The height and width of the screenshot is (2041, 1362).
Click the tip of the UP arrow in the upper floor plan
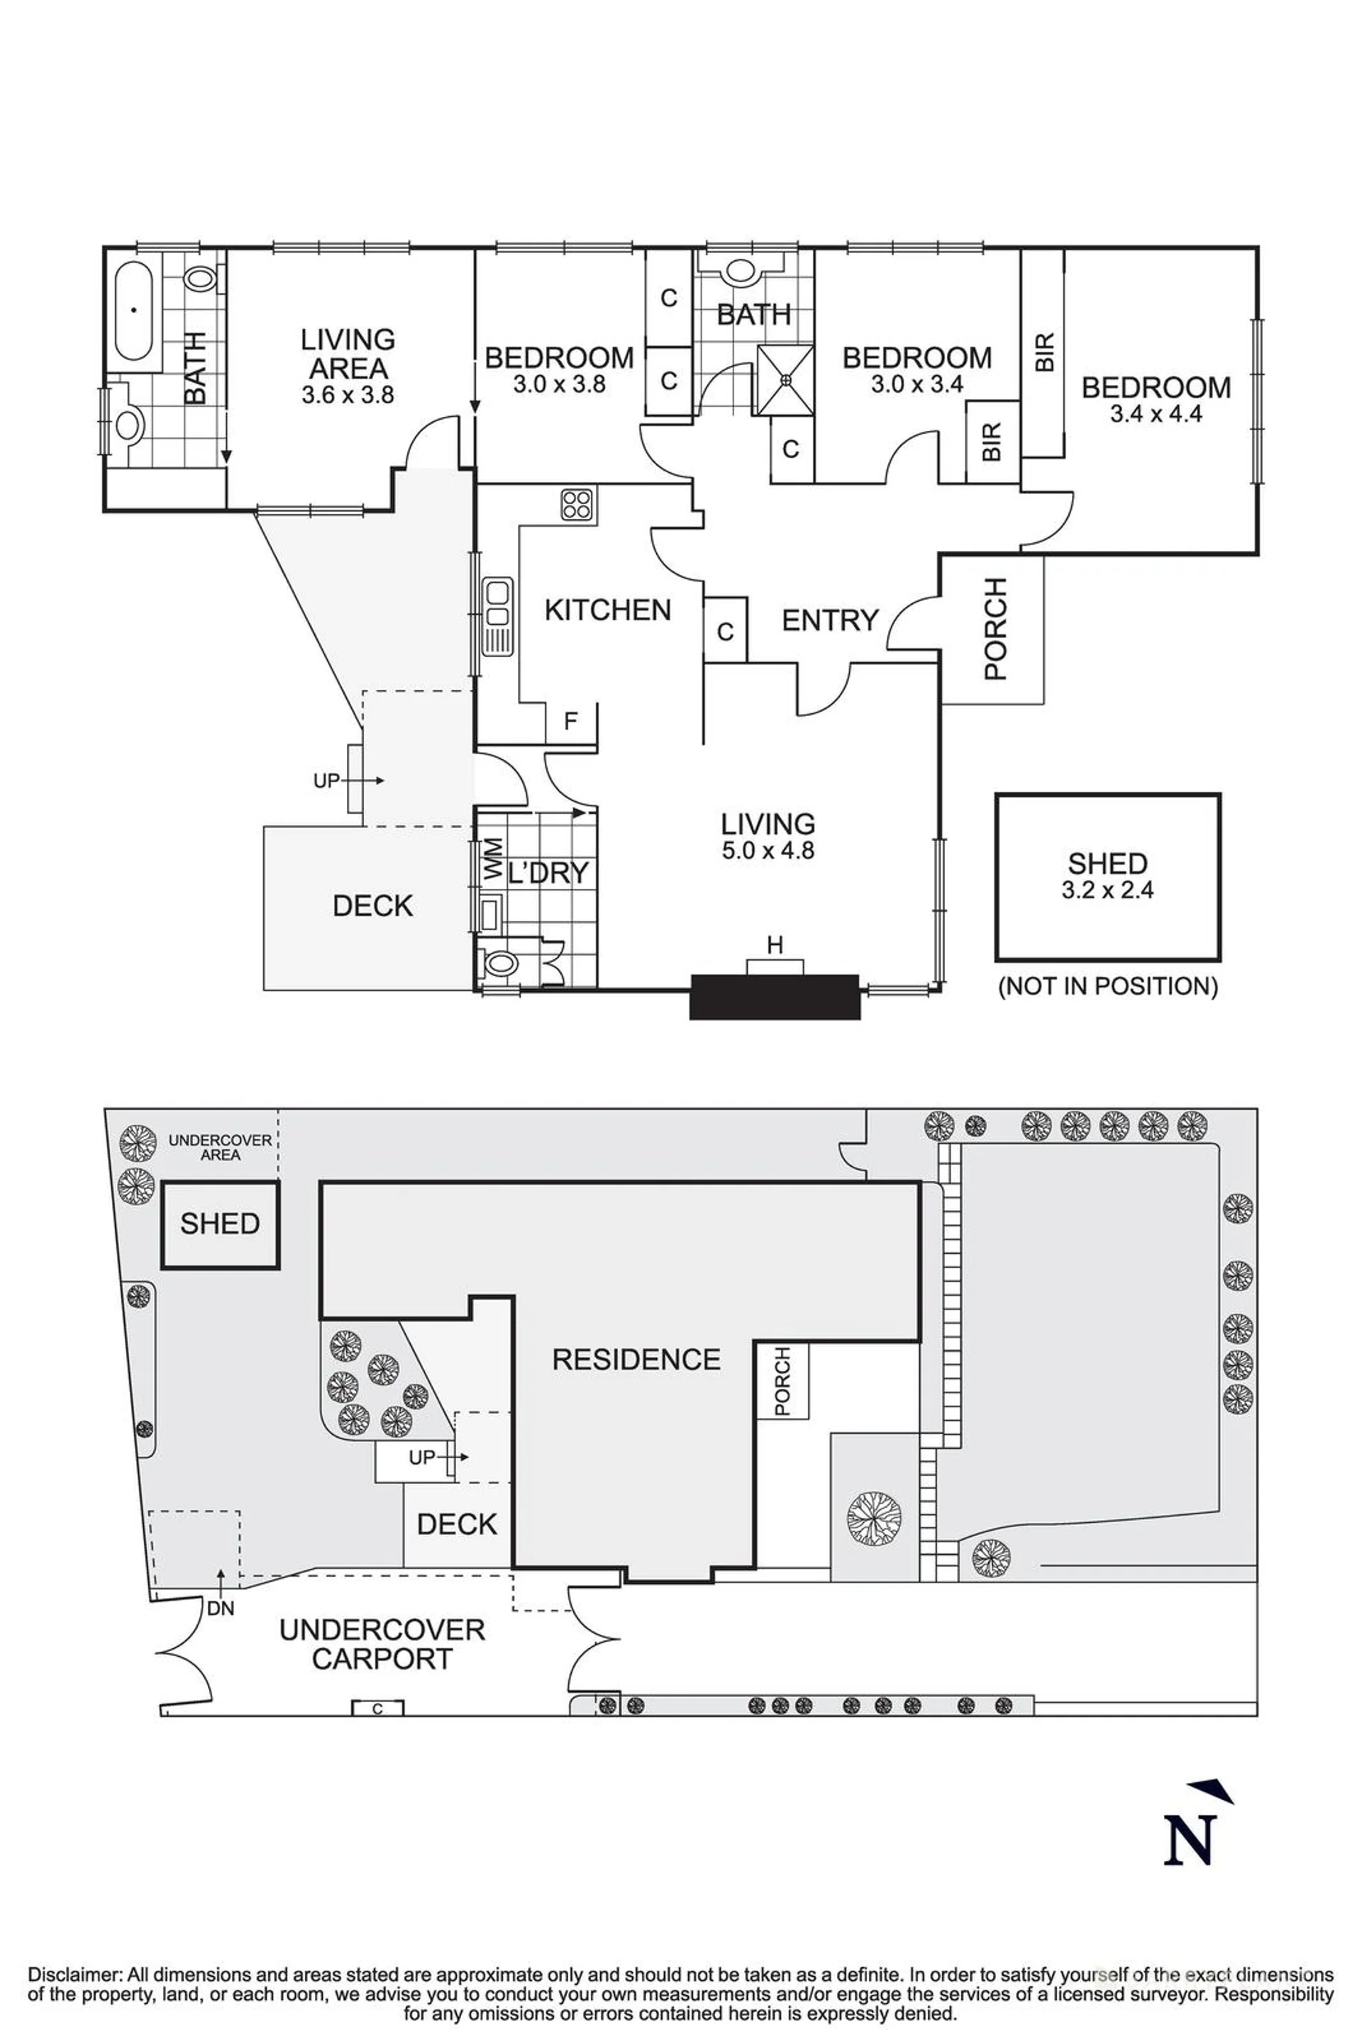pos(384,781)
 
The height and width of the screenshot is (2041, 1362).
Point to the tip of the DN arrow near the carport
pos(221,1568)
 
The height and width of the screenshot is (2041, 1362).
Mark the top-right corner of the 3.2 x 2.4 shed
pos(1220,794)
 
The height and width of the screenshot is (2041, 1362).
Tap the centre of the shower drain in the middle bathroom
pos(785,379)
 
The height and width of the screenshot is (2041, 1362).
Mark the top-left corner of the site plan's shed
pos(162,1182)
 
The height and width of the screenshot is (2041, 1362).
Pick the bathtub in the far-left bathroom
pos(133,310)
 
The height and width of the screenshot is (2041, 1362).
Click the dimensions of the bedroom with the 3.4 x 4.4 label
pos(1156,414)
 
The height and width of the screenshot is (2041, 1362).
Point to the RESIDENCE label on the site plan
pos(637,1358)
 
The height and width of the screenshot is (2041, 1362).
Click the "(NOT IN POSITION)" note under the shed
pos(1108,986)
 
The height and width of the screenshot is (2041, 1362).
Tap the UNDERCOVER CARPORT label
pos(382,1643)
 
